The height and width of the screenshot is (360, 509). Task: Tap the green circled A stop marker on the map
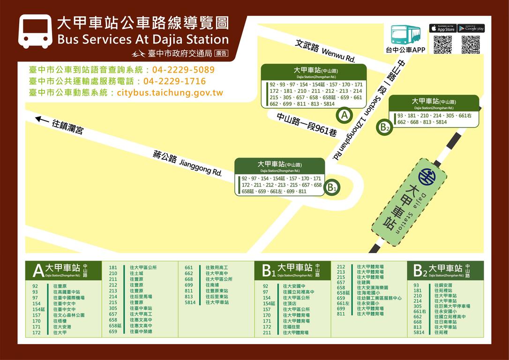coord(344,115)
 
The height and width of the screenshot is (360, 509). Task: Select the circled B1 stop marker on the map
coord(332,188)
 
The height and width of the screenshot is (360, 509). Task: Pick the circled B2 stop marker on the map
coord(385,127)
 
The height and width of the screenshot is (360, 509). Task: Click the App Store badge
coord(442,29)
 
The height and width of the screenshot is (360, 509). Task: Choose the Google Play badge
coord(471,29)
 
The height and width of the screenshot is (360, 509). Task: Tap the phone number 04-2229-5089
coord(183,70)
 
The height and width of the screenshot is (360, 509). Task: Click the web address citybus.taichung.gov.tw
coord(170,93)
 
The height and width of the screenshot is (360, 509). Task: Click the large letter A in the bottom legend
coord(38,271)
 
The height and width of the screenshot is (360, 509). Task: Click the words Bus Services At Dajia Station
coord(142,39)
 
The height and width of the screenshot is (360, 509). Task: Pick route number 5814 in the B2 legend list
coord(419,332)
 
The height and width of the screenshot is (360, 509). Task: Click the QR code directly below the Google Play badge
coord(471,45)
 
